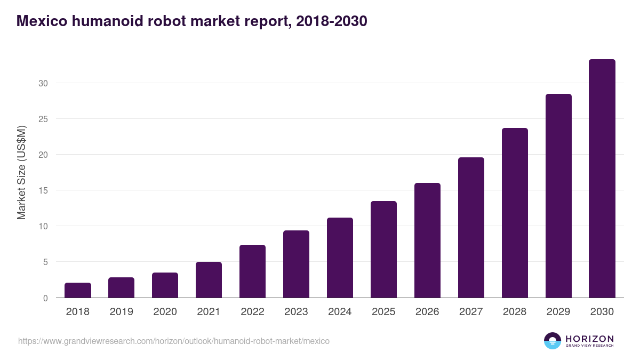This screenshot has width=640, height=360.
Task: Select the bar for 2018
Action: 78,290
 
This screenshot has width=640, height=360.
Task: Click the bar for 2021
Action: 209,280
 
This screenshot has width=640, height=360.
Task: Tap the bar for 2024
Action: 340,258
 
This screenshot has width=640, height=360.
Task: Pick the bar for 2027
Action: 471,228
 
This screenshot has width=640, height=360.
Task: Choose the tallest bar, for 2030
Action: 602,179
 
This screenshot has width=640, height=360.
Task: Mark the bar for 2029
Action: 558,196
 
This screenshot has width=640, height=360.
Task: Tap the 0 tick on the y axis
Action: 46,298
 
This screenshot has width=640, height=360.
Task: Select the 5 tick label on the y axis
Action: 46,262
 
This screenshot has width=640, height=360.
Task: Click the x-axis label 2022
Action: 252,312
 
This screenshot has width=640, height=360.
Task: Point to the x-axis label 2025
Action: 383,312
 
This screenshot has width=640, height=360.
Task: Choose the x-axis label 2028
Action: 515,312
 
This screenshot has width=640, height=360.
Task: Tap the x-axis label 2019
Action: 122,312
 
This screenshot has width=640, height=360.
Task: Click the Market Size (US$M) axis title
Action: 21,172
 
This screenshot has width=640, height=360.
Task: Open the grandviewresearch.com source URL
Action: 174,341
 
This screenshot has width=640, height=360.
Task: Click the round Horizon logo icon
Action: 553,341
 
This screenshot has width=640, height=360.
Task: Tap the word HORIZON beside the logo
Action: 589,338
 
